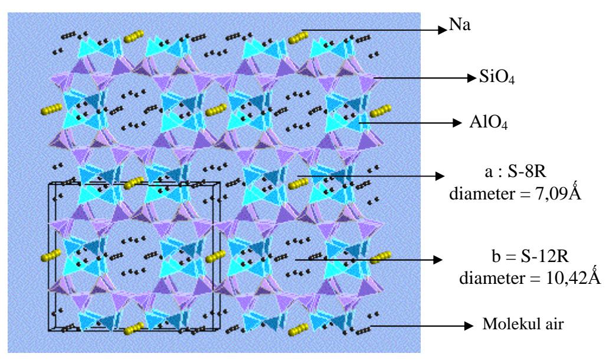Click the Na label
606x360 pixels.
point(460,25)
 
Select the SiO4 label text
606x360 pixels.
point(497,77)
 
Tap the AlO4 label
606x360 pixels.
point(488,122)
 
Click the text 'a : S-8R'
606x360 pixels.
point(515,171)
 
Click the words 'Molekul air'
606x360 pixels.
point(523,323)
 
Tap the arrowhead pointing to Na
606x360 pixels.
point(443,30)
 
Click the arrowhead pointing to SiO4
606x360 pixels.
point(471,78)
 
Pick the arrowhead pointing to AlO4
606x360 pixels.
point(457,123)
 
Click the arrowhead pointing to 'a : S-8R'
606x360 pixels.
point(440,176)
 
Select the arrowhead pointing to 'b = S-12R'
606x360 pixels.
point(438,260)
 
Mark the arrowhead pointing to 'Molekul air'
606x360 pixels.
point(469,326)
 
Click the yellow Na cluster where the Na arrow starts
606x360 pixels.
point(298,38)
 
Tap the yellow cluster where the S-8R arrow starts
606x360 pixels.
point(298,184)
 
